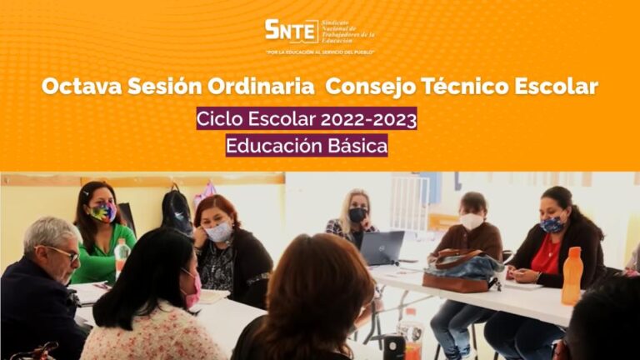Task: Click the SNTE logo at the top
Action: click(x=319, y=31)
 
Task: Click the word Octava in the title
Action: click(x=77, y=86)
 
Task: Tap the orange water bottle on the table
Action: click(x=572, y=276)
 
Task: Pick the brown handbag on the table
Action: click(x=462, y=271)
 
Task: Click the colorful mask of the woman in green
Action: click(x=103, y=213)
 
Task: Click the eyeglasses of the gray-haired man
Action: click(x=63, y=252)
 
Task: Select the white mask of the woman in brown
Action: click(x=472, y=222)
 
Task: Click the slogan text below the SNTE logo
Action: click(x=319, y=52)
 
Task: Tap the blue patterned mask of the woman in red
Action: click(x=552, y=224)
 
